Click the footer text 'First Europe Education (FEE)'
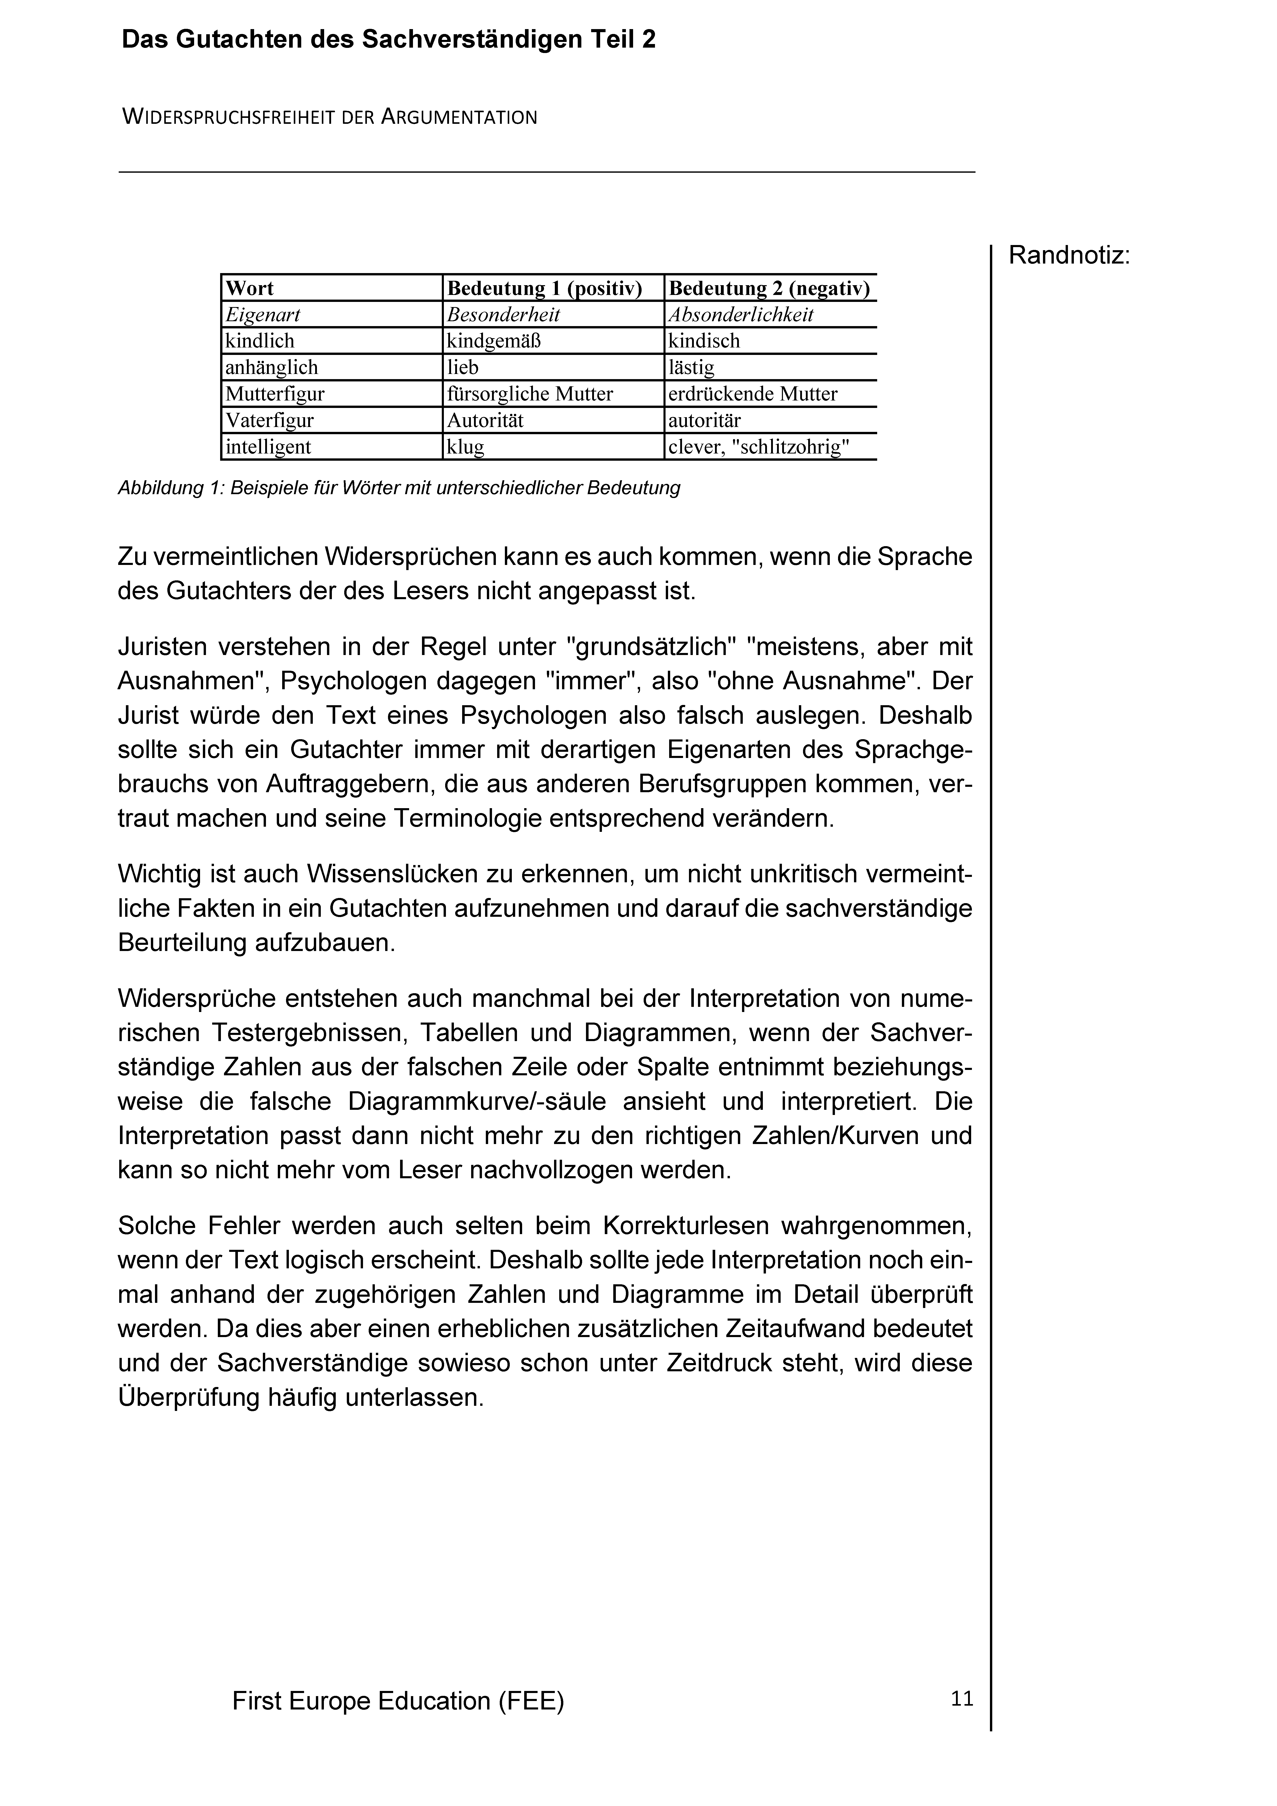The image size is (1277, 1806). pyautogui.click(x=398, y=1702)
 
